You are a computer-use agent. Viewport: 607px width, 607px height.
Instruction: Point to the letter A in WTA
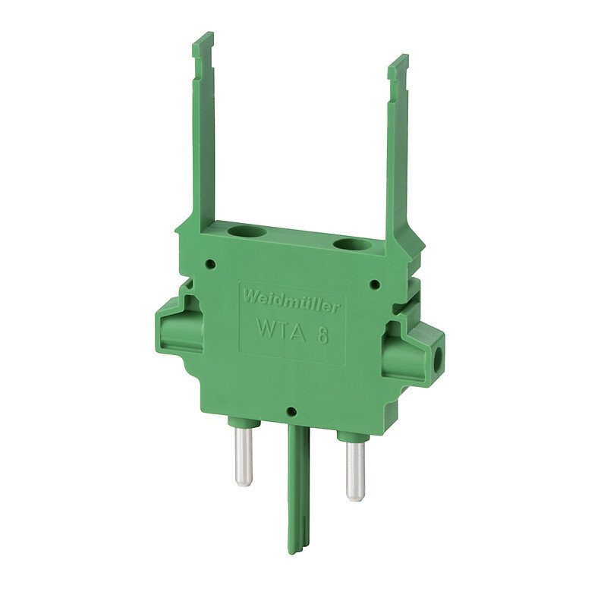point(298,334)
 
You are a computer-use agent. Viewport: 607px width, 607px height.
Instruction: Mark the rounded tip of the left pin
point(244,481)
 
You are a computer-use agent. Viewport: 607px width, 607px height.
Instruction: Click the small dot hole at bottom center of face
point(291,414)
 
